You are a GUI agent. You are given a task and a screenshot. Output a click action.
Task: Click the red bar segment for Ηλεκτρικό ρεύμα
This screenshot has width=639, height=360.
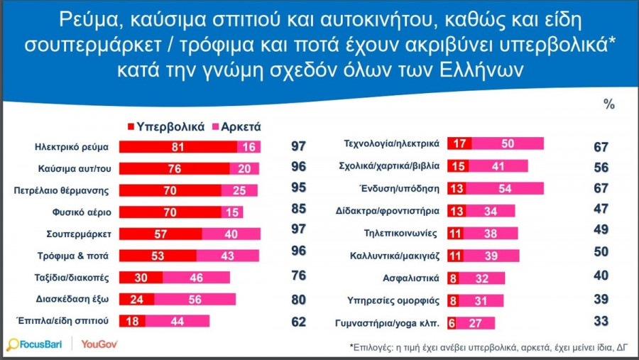coord(177,146)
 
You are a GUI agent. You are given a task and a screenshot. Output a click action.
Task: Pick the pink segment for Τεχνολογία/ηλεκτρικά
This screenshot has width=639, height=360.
coord(508,143)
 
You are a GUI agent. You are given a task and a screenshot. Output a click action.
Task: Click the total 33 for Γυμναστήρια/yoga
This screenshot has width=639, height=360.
coord(601,321)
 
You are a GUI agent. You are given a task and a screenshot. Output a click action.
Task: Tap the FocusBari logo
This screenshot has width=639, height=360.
coord(35,344)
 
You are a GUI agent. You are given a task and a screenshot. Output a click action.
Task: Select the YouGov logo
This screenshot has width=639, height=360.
coord(99,344)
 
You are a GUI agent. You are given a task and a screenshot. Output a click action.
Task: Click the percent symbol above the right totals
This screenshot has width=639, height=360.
coord(608,104)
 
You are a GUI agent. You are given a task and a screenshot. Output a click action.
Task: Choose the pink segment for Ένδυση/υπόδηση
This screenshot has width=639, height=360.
coord(507,188)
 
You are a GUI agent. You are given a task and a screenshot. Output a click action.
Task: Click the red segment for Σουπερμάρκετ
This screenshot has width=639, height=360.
coord(160,234)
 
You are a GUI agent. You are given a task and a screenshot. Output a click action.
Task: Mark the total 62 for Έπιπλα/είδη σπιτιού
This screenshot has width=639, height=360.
coord(299,321)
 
